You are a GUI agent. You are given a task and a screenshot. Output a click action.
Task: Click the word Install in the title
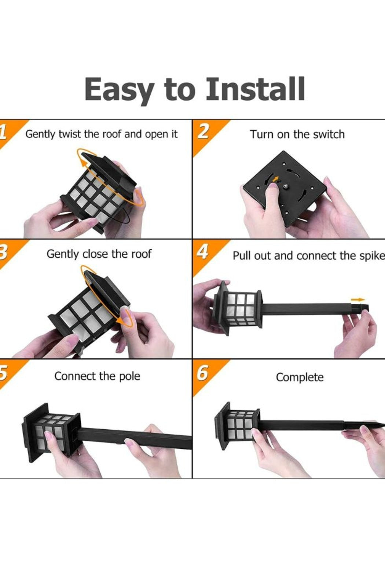click(255, 89)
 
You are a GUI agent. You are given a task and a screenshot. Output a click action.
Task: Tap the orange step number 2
click(203, 132)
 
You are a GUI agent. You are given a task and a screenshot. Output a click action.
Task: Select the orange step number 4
click(203, 252)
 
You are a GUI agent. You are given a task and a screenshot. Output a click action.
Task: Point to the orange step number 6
click(203, 373)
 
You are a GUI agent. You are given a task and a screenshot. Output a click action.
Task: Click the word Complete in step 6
click(300, 378)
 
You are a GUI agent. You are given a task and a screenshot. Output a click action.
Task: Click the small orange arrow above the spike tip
click(358, 300)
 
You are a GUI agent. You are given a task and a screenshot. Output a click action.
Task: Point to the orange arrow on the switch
click(276, 179)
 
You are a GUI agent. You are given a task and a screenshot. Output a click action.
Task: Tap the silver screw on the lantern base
click(285, 186)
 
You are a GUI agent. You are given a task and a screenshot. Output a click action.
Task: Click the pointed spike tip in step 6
click(384, 423)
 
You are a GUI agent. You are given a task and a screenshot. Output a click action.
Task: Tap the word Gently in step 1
click(40, 134)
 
